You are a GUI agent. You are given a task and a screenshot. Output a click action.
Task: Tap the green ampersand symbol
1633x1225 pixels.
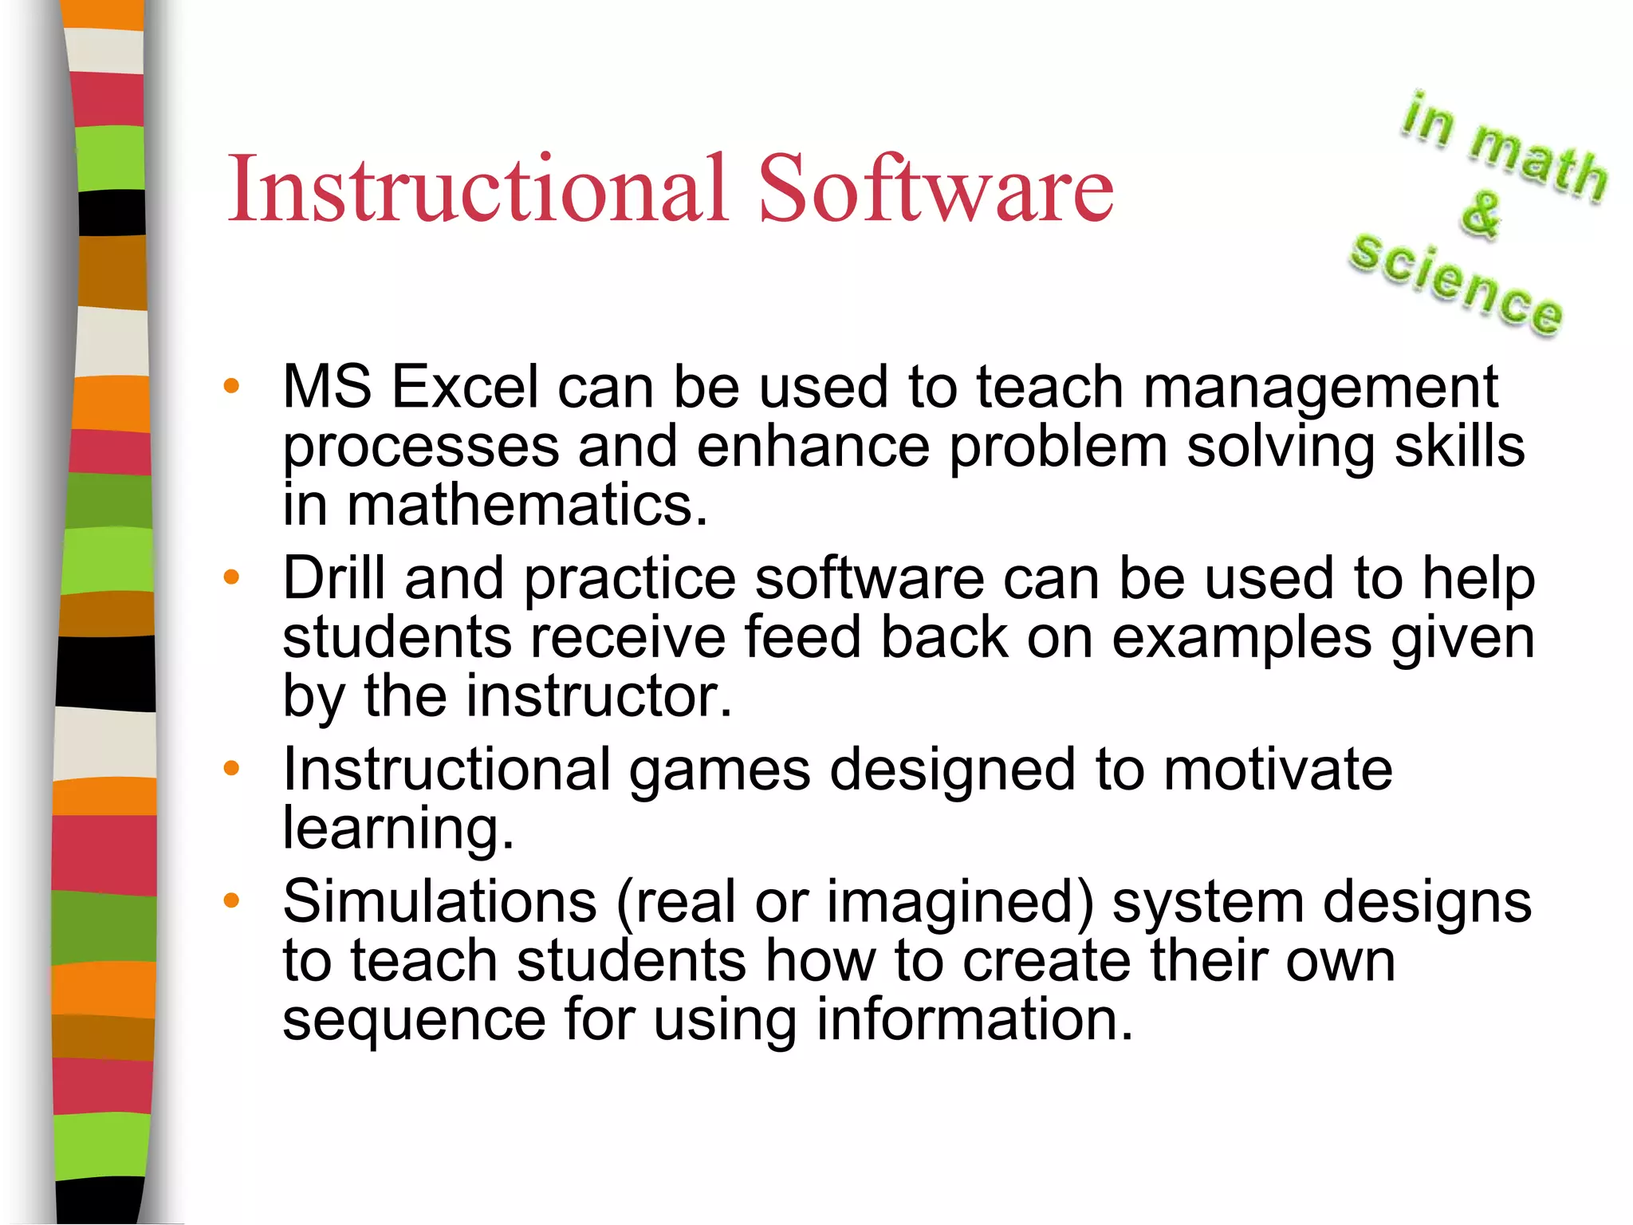(1481, 214)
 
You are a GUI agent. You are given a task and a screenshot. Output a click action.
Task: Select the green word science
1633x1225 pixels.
(1455, 285)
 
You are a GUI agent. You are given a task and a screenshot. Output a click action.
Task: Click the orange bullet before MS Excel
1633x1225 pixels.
(231, 387)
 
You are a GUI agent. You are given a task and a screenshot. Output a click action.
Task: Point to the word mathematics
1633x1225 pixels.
(526, 506)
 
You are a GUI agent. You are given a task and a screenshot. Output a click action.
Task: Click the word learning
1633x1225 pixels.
(398, 829)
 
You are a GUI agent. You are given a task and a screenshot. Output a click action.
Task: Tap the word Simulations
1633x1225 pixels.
(439, 901)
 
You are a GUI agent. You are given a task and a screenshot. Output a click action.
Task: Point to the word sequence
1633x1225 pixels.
(414, 1021)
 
